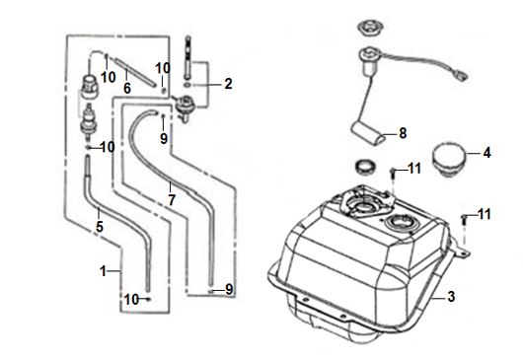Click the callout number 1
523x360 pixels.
tap(103, 271)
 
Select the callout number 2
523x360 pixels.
tap(229, 84)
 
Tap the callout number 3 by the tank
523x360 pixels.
tap(451, 296)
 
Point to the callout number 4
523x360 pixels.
tap(486, 153)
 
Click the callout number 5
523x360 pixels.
tap(100, 227)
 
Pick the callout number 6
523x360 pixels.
tap(127, 89)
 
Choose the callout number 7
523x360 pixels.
tap(172, 200)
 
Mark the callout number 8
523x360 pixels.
tap(403, 133)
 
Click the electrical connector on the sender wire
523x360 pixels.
tap(462, 78)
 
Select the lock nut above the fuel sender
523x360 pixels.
tap(370, 29)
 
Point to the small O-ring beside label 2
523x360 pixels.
tap(188, 86)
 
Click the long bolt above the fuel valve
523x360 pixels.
tap(188, 57)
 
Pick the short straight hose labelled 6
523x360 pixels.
tap(136, 72)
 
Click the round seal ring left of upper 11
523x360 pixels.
tap(365, 167)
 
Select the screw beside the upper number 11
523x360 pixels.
tap(393, 175)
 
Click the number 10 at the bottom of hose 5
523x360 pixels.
tap(131, 300)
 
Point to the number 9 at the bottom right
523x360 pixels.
tap(229, 289)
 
